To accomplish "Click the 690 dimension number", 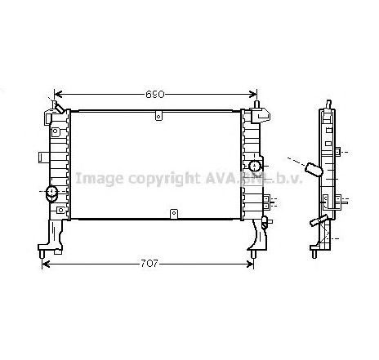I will [155, 95].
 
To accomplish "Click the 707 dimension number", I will [148, 242].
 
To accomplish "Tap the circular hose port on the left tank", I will [51, 193].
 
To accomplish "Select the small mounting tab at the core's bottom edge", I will [172, 214].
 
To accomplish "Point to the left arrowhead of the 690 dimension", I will [57, 95].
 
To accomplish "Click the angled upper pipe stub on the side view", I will [311, 168].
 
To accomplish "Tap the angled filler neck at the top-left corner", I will [56, 105].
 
